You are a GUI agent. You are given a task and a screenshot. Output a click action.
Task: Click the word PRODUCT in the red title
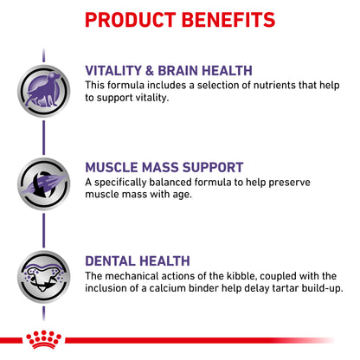(131, 20)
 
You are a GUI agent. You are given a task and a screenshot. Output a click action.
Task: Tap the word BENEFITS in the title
(228, 20)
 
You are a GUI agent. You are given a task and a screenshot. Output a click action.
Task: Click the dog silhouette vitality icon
(44, 91)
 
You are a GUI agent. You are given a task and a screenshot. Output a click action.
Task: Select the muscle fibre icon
(44, 183)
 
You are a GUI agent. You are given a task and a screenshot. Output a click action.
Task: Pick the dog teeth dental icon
(44, 277)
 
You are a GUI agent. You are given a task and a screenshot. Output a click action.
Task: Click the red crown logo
(44, 339)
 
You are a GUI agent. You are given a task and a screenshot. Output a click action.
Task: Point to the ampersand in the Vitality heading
(150, 71)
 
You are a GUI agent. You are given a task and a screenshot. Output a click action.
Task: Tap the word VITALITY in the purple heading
(113, 71)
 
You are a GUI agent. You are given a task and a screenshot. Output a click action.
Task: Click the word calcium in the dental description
(168, 288)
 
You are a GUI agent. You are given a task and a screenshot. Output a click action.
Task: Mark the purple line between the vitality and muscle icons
(44, 138)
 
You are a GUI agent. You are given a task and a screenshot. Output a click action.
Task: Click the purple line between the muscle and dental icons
(44, 230)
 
